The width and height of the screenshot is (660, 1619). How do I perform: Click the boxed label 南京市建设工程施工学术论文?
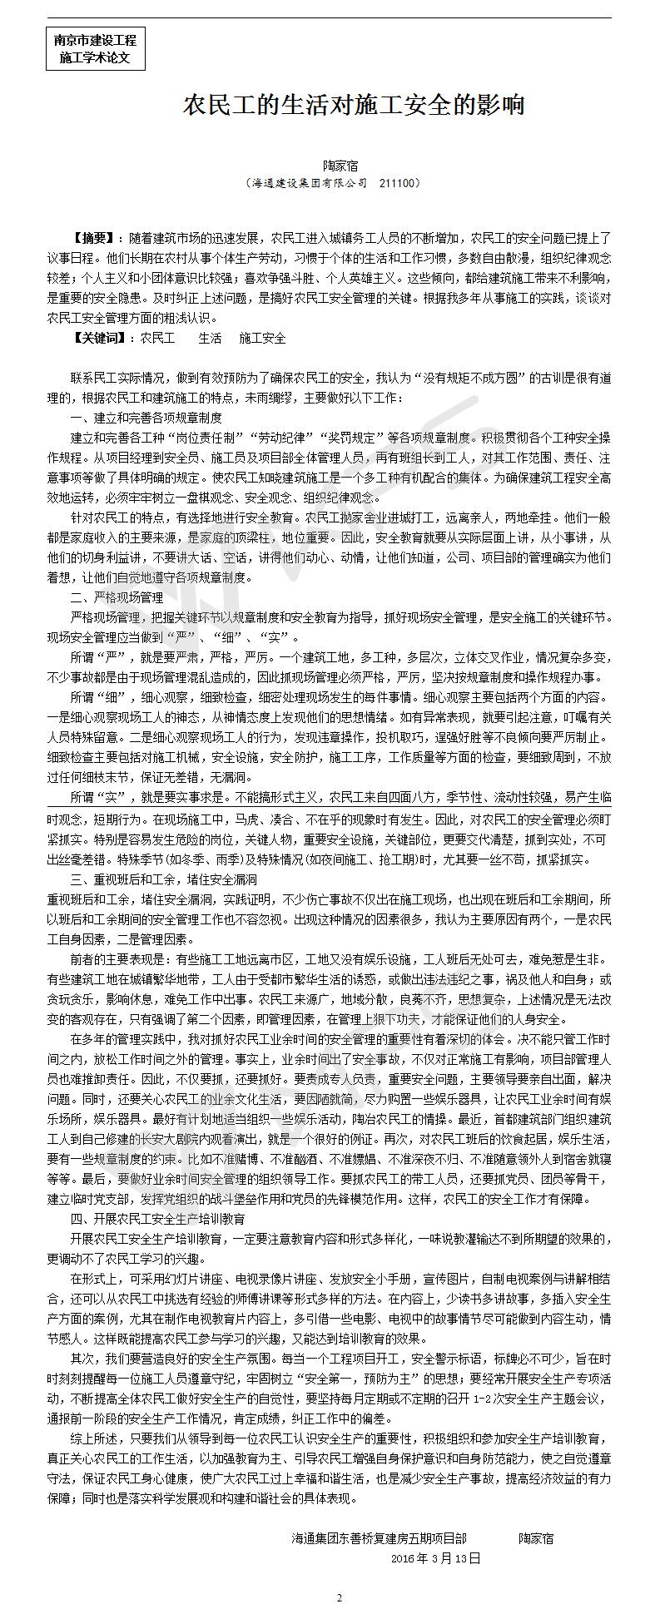coord(95,49)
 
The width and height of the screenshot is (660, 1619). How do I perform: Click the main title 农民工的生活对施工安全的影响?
coord(354,106)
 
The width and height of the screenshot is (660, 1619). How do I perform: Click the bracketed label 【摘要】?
coord(95,237)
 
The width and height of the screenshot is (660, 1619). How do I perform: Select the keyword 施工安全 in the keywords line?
coord(262,339)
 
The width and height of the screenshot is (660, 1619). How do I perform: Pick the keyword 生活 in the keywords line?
coord(210,339)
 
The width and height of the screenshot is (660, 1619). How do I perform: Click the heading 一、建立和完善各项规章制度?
coord(146,417)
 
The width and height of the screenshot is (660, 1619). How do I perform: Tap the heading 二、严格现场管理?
coord(117,597)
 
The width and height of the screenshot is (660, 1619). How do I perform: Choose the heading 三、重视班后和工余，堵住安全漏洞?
coord(164,879)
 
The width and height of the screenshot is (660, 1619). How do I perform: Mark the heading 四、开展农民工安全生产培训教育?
coord(158,1219)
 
